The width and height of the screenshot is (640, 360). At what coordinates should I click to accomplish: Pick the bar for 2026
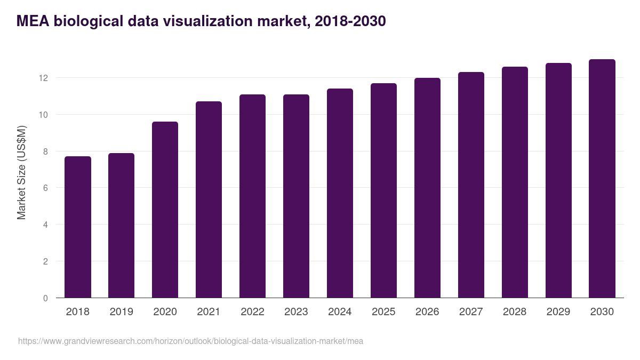pos(427,188)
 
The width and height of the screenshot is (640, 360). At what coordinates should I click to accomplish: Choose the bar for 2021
pos(209,199)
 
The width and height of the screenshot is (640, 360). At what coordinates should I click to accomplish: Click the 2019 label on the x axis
pos(122,312)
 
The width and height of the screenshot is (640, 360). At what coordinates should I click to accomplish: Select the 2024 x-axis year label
pos(340,312)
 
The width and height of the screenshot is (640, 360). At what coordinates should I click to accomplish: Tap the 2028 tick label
pos(515,312)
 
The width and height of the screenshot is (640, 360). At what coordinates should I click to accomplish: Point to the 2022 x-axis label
pos(252,312)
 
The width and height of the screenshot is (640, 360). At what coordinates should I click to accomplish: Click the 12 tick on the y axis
pos(43,78)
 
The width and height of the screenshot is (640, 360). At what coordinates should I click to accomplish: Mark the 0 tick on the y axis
pos(45,298)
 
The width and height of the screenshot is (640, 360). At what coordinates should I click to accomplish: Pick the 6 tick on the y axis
pos(45,188)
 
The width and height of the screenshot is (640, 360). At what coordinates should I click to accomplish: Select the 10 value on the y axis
pos(43,115)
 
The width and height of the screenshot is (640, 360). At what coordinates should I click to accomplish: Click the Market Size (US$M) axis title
pos(21,172)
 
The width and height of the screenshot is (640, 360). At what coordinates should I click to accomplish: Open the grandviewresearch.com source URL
pos(190,341)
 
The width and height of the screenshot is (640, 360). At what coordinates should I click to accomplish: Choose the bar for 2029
pos(558,180)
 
